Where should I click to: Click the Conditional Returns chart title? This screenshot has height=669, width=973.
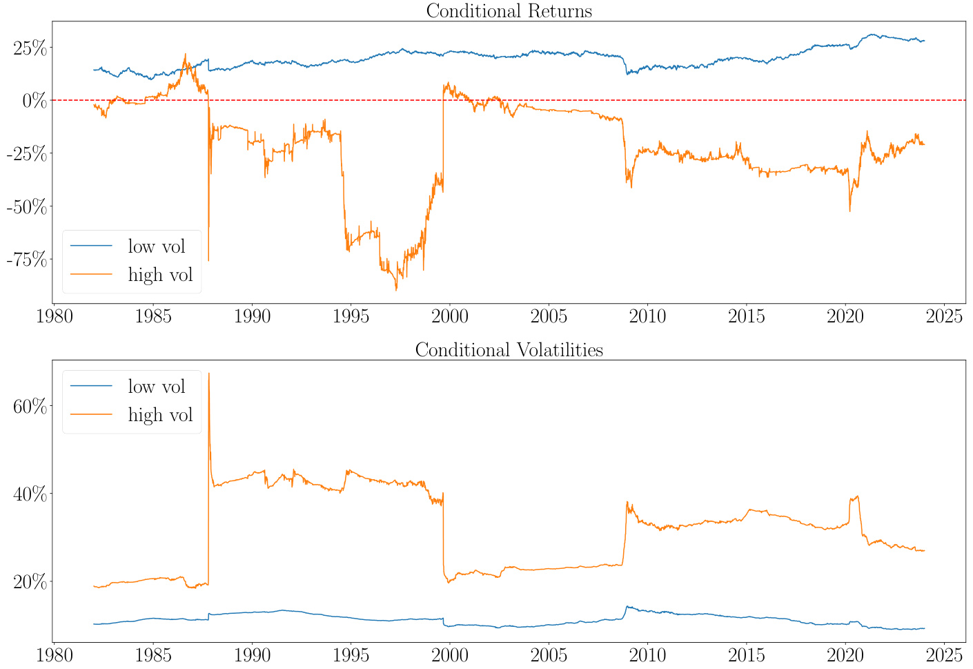(x=509, y=11)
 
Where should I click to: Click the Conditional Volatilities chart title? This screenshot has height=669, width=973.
(x=509, y=350)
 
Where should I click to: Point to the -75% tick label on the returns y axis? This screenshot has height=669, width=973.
(x=27, y=260)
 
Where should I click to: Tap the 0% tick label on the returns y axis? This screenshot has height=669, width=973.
(x=35, y=101)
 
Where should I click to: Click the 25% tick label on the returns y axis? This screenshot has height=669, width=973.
(x=30, y=48)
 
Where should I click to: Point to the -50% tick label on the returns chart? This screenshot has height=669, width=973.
(x=27, y=206)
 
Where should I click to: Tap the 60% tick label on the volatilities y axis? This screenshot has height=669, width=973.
(x=30, y=406)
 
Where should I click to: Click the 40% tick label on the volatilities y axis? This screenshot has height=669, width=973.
(x=30, y=494)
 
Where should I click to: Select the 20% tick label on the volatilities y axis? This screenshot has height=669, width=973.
(x=30, y=581)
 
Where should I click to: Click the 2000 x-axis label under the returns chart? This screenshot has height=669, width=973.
(x=449, y=316)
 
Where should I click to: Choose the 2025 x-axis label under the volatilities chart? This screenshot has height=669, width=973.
(x=944, y=654)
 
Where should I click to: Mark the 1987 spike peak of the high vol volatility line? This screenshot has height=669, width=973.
(x=209, y=374)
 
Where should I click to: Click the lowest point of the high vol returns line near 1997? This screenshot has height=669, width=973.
(x=396, y=290)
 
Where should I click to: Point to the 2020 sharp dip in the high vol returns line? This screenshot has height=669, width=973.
(x=849, y=211)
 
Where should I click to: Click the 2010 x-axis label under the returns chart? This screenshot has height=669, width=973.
(x=647, y=316)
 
